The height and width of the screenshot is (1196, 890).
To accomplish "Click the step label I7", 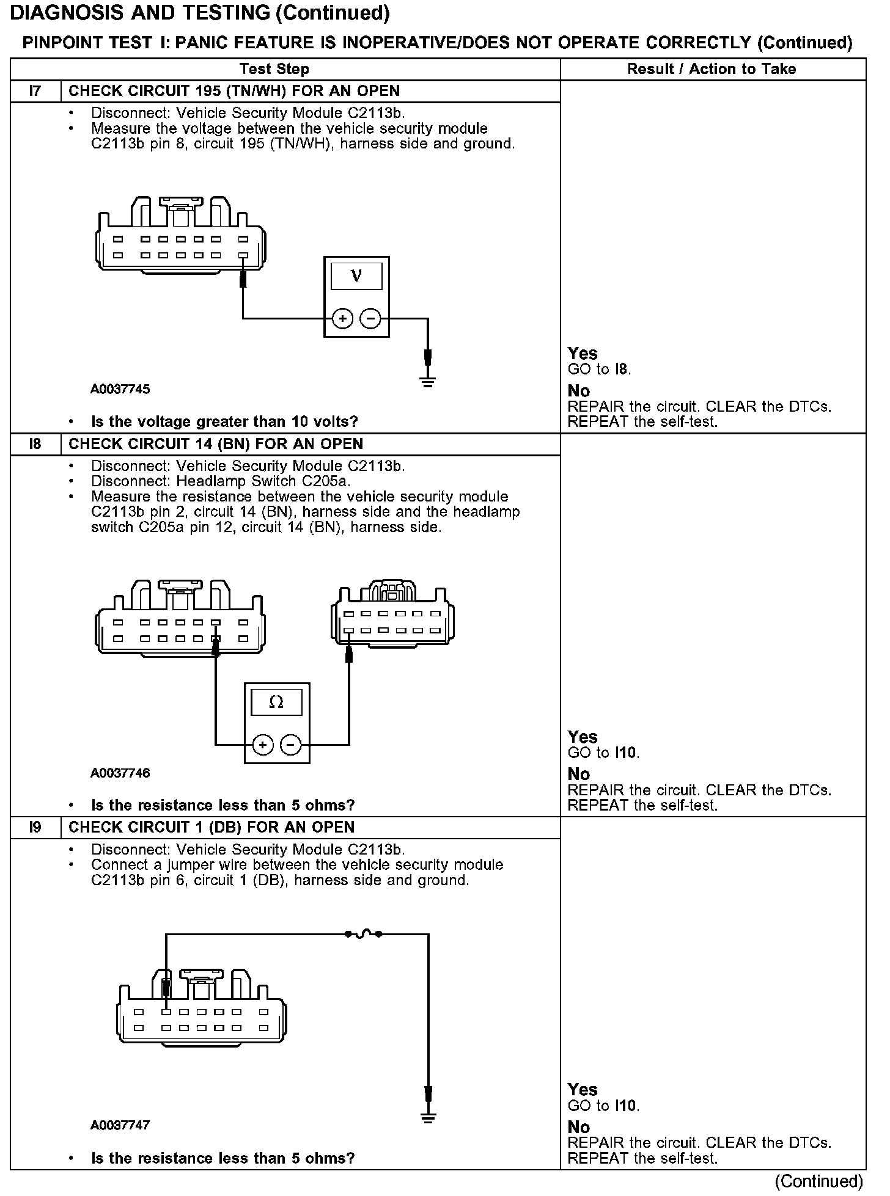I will coord(35,92).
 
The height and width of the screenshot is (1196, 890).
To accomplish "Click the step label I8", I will coord(35,444).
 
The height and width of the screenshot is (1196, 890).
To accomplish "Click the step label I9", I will coord(35,828).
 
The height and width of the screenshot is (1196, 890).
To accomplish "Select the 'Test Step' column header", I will coord(274,69).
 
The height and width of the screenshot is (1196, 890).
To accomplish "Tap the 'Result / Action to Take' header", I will coord(712,69).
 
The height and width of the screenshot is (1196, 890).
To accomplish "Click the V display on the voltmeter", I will coord(356,276).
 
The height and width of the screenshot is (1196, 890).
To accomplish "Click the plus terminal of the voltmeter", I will coord(342,318).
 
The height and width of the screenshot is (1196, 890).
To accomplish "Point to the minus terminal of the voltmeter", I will coord(370,318).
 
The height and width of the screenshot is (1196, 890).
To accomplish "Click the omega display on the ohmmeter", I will coord(276,702).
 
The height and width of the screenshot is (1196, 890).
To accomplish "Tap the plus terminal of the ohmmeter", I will coord(263,745).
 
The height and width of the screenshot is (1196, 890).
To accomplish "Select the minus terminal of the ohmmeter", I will coord(291,745).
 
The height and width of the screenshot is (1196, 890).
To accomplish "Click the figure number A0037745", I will coord(120,389).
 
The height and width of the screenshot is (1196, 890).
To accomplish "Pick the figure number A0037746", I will coord(120,773).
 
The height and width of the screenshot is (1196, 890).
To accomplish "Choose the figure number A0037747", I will coord(120,1125).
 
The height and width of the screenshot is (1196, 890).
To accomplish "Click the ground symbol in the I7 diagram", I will coord(428,382).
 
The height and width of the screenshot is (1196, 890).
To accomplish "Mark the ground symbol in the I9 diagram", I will coord(428,1119).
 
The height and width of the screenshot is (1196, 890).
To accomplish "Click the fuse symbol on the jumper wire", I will coord(364,934).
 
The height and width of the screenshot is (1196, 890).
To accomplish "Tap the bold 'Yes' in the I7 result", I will coord(582,353).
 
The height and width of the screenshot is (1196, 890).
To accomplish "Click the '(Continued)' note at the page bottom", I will coord(818,1181).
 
